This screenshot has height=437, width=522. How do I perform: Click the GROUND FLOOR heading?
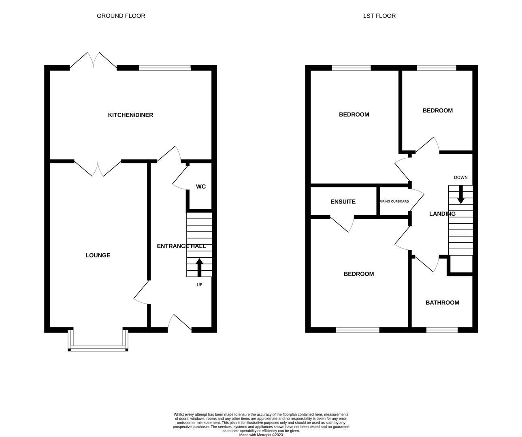[x=121, y=16]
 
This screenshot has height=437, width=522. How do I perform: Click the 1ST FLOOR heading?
[x=379, y=16]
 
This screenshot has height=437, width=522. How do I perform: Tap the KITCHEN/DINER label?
[x=130, y=115]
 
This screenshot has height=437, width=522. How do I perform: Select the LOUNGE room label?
[x=98, y=255]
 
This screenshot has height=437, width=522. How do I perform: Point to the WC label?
[x=201, y=187]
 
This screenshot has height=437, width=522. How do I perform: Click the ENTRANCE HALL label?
[x=181, y=246]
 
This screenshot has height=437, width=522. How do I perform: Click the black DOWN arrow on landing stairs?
[x=460, y=195]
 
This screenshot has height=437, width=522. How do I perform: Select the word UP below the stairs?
[x=199, y=285]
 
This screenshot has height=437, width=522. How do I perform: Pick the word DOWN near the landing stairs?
[x=460, y=178]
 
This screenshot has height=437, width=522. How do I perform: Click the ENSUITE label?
[x=343, y=202]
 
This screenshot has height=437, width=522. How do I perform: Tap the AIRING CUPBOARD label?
[x=394, y=202]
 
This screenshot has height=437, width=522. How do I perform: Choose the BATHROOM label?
[x=442, y=303]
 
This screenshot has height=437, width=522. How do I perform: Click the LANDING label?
[x=442, y=214]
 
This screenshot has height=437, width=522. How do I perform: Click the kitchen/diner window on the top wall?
[x=165, y=68]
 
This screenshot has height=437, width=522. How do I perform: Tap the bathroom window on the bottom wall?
[x=442, y=330]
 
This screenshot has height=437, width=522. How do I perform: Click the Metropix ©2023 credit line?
[x=261, y=435]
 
